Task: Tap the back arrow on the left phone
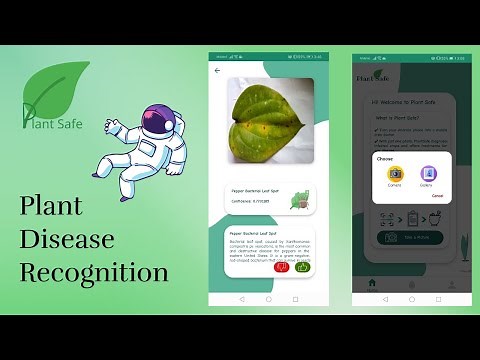pyautogui.click(x=218, y=71)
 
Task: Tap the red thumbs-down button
pyautogui.click(x=282, y=267)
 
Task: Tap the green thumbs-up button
pyautogui.click(x=302, y=267)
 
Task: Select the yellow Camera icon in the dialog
pyautogui.click(x=394, y=174)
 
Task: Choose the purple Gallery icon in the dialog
pyautogui.click(x=426, y=174)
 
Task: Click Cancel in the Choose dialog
pyautogui.click(x=437, y=195)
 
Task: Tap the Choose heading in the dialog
pyautogui.click(x=385, y=158)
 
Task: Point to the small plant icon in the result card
pyautogui.click(x=299, y=201)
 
